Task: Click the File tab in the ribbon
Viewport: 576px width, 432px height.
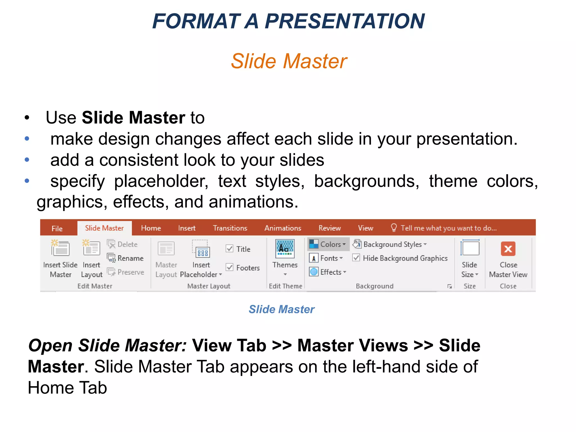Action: pyautogui.click(x=57, y=228)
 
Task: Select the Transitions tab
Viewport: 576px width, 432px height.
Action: pyautogui.click(x=230, y=228)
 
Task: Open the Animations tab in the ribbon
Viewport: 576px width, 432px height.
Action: pyautogui.click(x=283, y=228)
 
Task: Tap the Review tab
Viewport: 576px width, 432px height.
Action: pyautogui.click(x=329, y=228)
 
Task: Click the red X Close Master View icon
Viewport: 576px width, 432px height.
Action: pyautogui.click(x=508, y=249)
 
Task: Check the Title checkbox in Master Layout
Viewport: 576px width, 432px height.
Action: pyautogui.click(x=229, y=249)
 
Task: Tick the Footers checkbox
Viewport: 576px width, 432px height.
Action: pyautogui.click(x=229, y=267)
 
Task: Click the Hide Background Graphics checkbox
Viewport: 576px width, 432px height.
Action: pyautogui.click(x=356, y=258)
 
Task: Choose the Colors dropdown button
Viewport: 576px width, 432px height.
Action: pyautogui.click(x=328, y=244)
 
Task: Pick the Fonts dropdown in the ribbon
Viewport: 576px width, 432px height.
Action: pyautogui.click(x=326, y=258)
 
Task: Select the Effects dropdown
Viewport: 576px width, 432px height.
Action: pyautogui.click(x=328, y=272)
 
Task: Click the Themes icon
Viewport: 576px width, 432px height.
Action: pyautogui.click(x=285, y=249)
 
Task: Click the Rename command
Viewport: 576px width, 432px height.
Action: pyautogui.click(x=126, y=258)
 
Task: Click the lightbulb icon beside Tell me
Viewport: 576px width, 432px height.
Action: pyautogui.click(x=394, y=227)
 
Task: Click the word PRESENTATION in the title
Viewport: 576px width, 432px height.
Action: pyautogui.click(x=345, y=21)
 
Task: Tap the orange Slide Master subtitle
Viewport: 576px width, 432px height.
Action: pyautogui.click(x=289, y=61)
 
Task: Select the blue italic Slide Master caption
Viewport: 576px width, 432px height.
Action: pyautogui.click(x=282, y=309)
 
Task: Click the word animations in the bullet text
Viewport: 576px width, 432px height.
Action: pyautogui.click(x=253, y=202)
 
